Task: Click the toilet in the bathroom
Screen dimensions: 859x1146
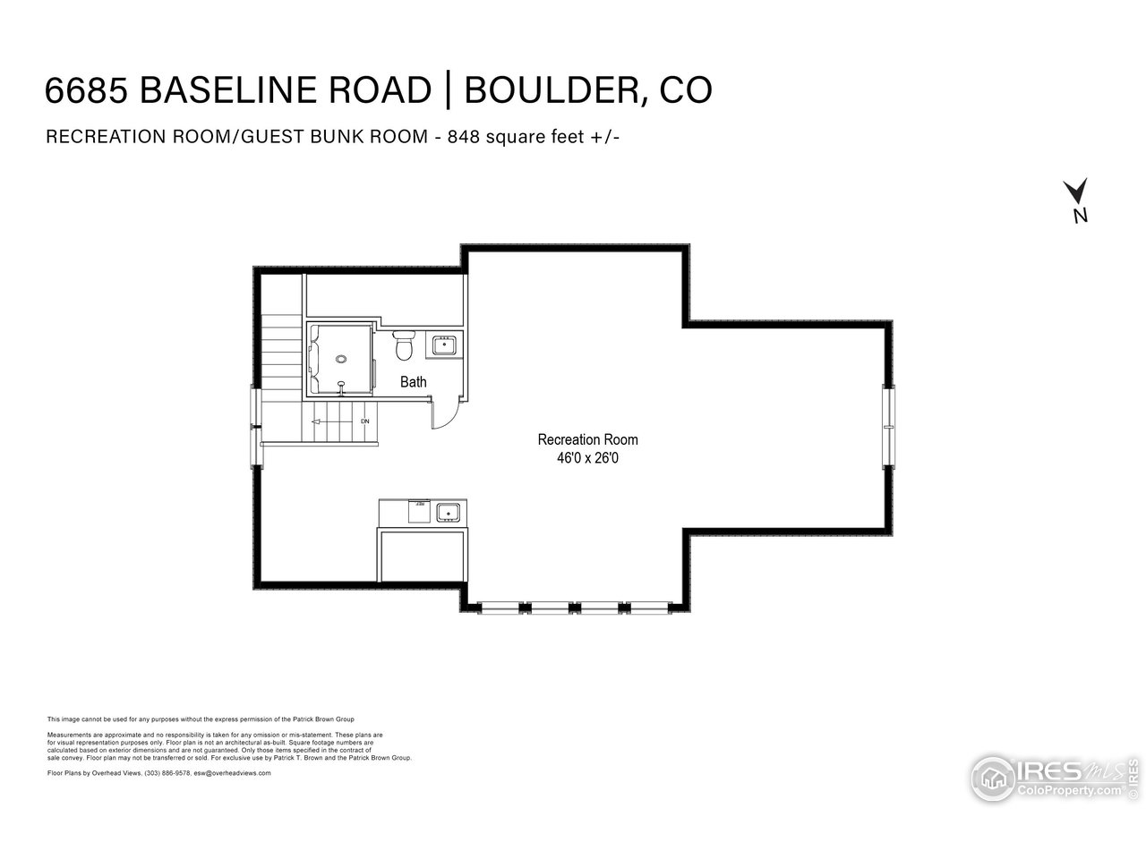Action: (x=404, y=343)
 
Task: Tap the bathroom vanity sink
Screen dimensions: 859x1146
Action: (x=443, y=344)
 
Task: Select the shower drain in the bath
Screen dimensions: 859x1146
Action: (x=340, y=359)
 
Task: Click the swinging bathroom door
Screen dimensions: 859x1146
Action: (x=445, y=412)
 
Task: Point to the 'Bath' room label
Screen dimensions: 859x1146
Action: (x=413, y=382)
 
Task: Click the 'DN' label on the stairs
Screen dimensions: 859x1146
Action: (x=364, y=421)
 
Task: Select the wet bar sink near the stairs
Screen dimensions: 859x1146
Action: (x=448, y=513)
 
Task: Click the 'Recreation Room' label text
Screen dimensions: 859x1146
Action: (x=587, y=439)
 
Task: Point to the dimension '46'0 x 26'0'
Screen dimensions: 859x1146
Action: (x=587, y=457)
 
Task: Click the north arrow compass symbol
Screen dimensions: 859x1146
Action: (x=1075, y=191)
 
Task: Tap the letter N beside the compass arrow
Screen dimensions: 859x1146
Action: (x=1081, y=215)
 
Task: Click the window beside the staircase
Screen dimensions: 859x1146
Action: (x=257, y=426)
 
